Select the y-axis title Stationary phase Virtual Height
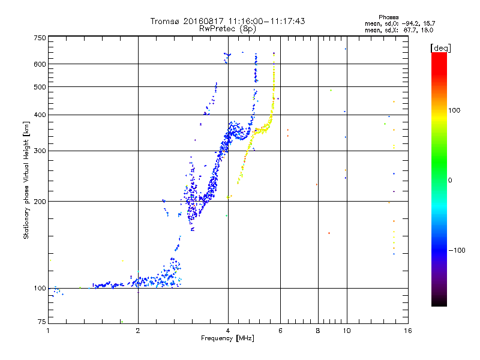pos(26,180)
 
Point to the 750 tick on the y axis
pos(40,38)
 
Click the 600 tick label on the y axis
pos(40,64)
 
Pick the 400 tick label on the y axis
pos(40,115)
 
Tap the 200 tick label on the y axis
pos(40,201)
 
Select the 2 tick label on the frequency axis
pos(138,331)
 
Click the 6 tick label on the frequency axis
pos(280,331)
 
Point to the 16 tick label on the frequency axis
pos(408,331)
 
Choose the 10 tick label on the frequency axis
pos(346,331)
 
